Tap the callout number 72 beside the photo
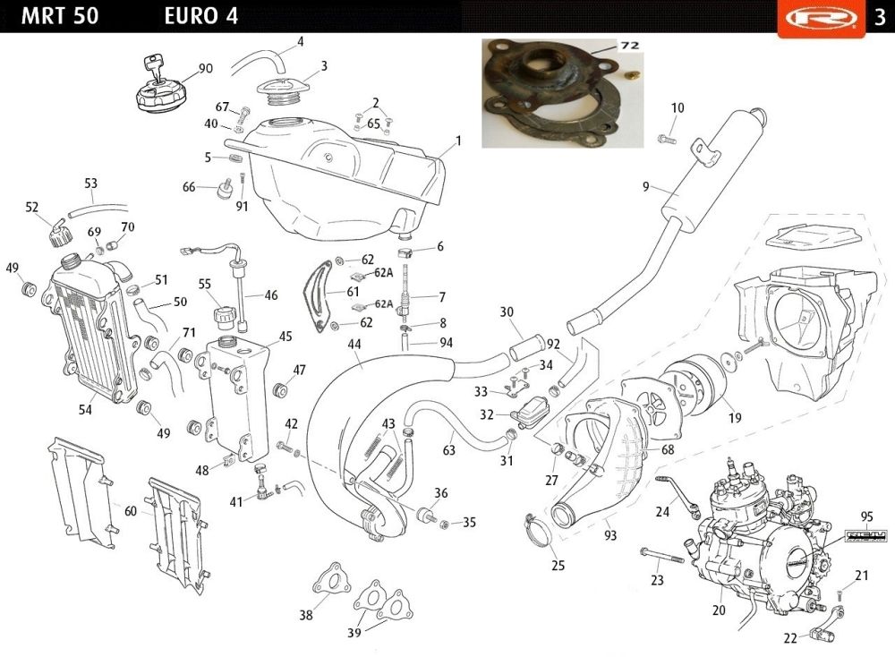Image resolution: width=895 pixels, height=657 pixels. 629,45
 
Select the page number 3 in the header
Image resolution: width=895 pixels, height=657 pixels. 880,16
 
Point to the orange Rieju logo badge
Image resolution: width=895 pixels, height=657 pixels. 821,18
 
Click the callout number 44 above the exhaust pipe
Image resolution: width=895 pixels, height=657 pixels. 354,344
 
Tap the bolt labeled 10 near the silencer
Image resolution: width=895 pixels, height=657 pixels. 667,138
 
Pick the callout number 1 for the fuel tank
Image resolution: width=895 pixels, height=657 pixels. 458,141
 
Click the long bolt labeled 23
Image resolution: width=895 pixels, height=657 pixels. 661,555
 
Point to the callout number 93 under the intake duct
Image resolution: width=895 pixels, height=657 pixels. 610,535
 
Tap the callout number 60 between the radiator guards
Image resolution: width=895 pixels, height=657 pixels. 131,511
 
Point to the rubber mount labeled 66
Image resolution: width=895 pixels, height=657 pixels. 225,189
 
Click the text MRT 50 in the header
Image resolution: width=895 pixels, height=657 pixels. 60,16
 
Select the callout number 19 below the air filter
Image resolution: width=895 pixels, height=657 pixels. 735,418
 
